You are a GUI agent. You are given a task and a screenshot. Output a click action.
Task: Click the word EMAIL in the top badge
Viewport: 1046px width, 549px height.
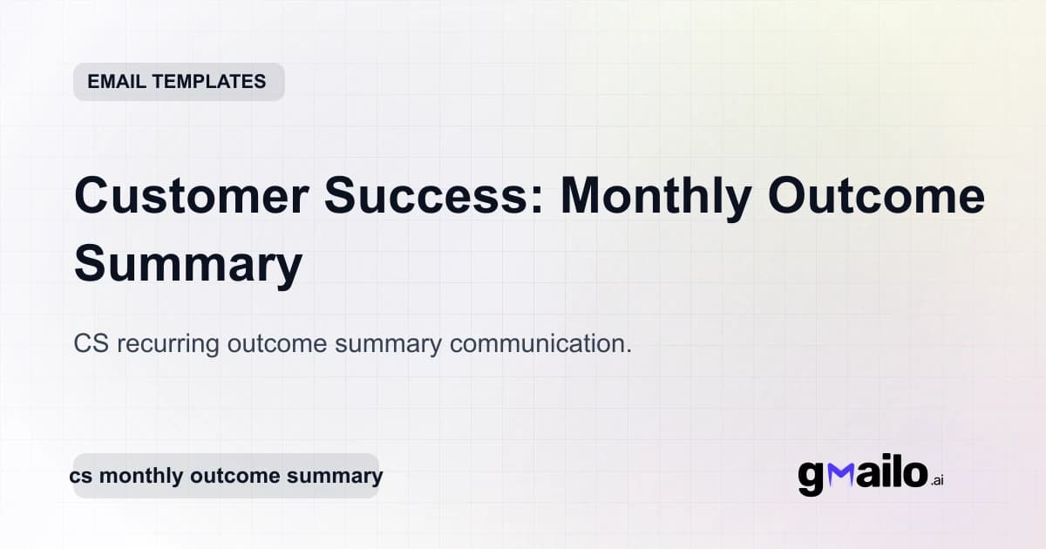tap(117, 82)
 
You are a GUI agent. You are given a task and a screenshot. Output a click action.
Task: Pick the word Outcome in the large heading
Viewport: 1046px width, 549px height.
tap(876, 197)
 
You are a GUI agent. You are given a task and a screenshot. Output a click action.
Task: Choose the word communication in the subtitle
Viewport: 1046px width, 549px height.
tap(540, 343)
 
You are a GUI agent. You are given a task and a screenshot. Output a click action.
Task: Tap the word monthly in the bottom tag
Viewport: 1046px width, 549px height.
tap(134, 476)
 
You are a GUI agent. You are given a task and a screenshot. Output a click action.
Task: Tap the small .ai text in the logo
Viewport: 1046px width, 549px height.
tap(936, 480)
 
